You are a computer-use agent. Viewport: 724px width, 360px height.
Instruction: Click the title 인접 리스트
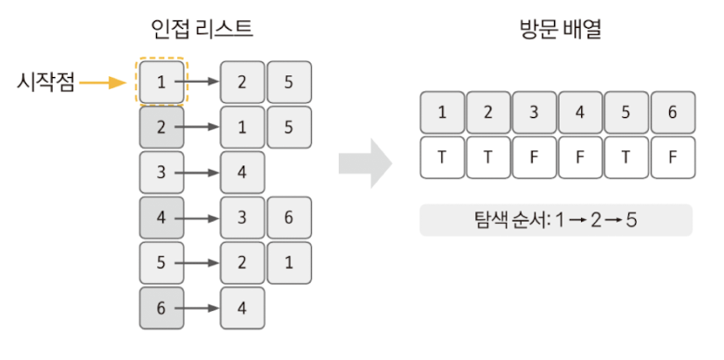(x=201, y=28)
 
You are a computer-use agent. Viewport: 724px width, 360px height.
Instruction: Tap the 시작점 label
(x=45, y=83)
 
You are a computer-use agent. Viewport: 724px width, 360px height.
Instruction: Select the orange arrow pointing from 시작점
(x=102, y=83)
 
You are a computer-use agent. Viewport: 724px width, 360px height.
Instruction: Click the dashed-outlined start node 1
(x=162, y=82)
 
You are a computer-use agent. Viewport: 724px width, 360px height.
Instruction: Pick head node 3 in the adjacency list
(x=162, y=173)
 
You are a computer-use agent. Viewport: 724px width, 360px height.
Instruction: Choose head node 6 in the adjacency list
(x=162, y=308)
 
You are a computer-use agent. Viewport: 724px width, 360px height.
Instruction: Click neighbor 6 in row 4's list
(x=289, y=218)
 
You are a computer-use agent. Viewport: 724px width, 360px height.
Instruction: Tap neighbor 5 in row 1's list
(x=289, y=82)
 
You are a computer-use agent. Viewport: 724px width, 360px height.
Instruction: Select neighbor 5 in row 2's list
(x=289, y=127)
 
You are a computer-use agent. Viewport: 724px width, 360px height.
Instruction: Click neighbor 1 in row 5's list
(x=289, y=263)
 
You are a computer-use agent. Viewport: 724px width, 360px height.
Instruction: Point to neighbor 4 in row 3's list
(x=242, y=173)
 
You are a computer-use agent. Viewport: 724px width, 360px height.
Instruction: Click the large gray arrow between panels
(x=364, y=164)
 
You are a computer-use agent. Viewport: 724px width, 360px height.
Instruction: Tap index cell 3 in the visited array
(x=535, y=112)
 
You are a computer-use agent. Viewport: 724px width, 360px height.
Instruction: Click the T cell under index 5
(x=627, y=157)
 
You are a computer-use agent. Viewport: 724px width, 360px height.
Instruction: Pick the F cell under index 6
(x=673, y=157)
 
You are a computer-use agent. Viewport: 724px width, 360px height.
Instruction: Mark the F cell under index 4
(x=581, y=157)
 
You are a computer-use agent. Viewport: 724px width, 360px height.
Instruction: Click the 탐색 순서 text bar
(x=555, y=221)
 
